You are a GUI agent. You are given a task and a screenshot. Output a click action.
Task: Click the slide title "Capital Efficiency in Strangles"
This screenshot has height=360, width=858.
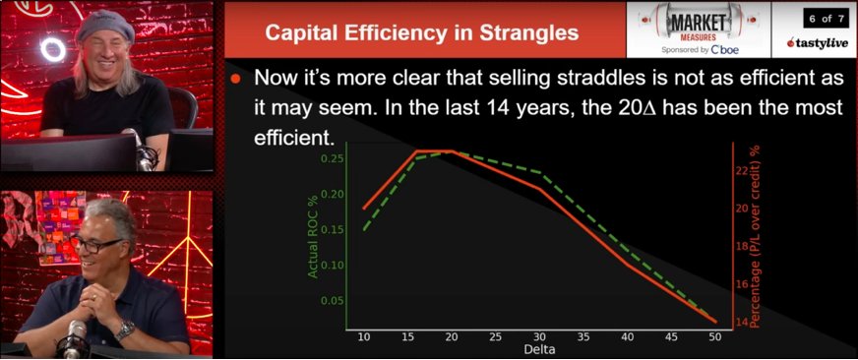tap(422, 33)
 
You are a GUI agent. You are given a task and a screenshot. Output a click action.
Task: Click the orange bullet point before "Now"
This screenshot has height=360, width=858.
tap(236, 78)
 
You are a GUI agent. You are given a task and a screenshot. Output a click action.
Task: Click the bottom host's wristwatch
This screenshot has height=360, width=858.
tap(125, 330)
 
